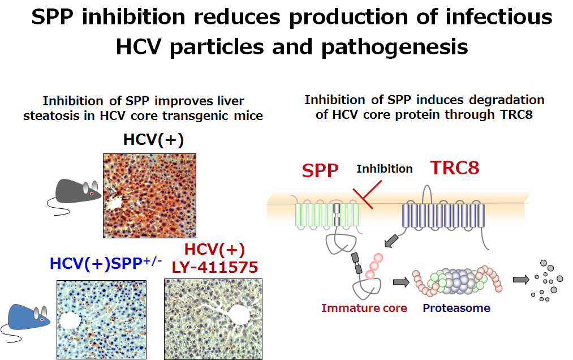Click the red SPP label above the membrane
320,170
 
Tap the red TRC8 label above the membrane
455,168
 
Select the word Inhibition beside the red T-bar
385,169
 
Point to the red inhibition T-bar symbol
367,194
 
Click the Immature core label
364,308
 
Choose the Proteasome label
456,308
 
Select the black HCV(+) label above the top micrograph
153,140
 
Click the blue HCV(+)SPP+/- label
106,263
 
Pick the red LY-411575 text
215,267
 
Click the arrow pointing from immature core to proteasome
401,282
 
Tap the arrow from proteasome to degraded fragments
521,280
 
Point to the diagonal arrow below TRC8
392,241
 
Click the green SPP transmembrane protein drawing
327,215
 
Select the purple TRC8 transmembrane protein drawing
443,216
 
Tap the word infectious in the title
499,17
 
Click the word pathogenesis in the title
395,47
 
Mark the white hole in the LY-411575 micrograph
238,315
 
